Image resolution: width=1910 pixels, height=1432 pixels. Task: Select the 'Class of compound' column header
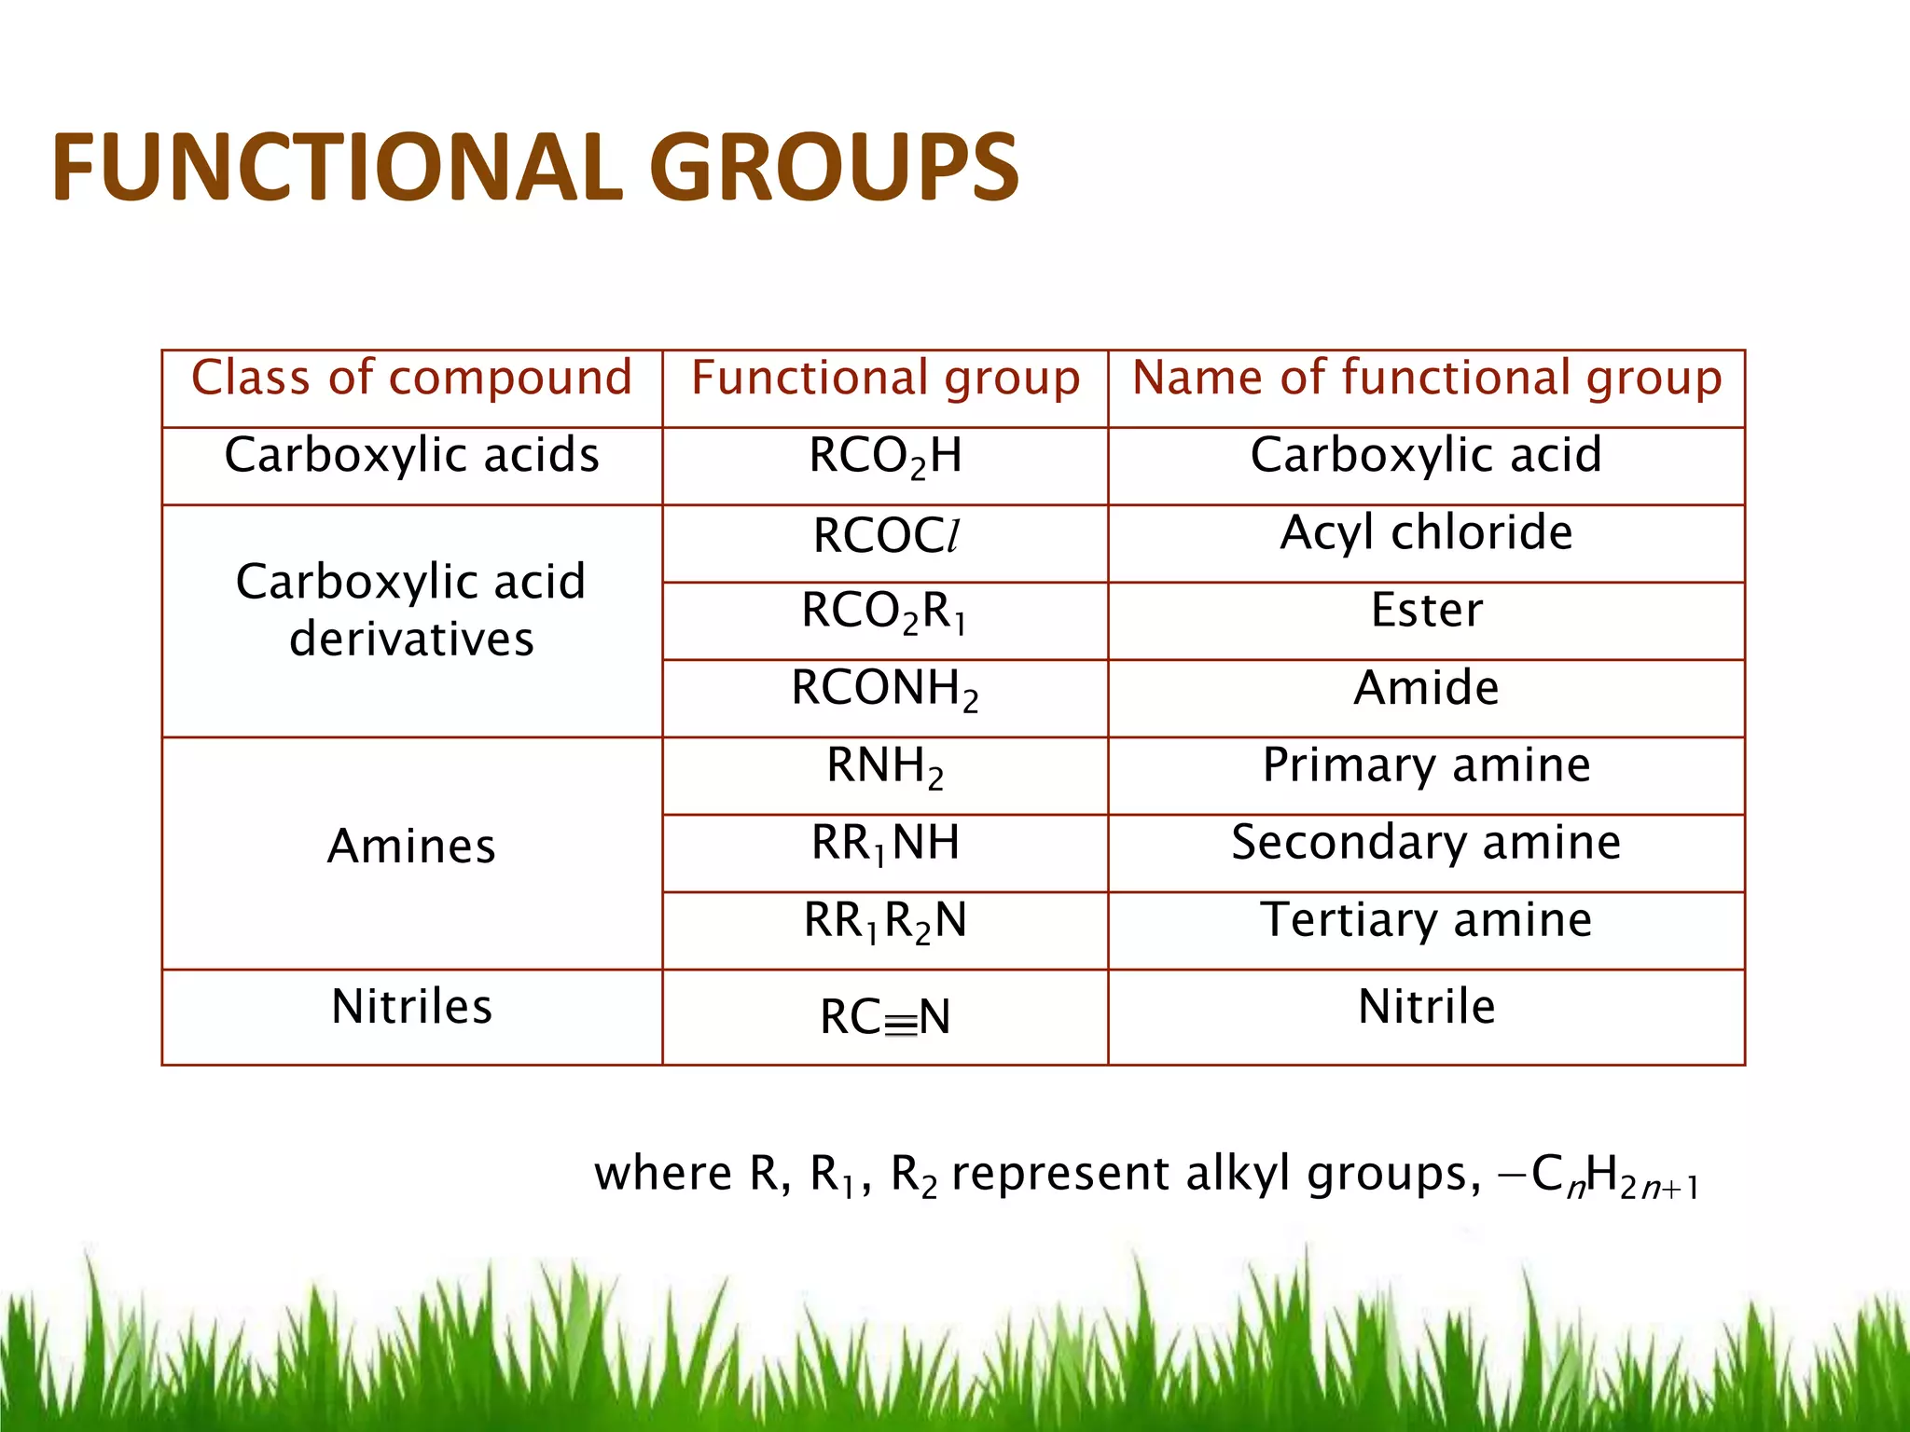pos(411,379)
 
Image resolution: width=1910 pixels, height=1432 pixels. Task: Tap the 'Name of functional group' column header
pos(1426,379)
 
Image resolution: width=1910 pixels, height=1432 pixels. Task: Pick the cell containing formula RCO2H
pos(885,457)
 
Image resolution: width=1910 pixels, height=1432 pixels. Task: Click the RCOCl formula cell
pos(885,536)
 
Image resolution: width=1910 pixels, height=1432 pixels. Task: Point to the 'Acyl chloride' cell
pos(1426,533)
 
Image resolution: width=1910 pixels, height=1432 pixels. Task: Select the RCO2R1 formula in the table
pos(885,613)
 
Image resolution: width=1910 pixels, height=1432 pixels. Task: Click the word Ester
pos(1426,611)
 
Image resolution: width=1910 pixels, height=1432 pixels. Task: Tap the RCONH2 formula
pos(885,690)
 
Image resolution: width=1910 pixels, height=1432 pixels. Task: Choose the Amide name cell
pos(1426,688)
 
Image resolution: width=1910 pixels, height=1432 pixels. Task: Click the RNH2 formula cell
pos(885,767)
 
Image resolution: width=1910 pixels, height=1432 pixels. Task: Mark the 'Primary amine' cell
pos(1426,765)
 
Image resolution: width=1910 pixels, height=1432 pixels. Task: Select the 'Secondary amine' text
pos(1426,843)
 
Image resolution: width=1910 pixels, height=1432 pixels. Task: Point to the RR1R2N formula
pos(885,922)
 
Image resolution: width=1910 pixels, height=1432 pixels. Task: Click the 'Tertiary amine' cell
pos(1426,920)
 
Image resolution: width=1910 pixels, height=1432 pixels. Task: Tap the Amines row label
pos(411,847)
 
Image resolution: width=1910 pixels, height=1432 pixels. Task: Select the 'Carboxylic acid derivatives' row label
pos(411,610)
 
